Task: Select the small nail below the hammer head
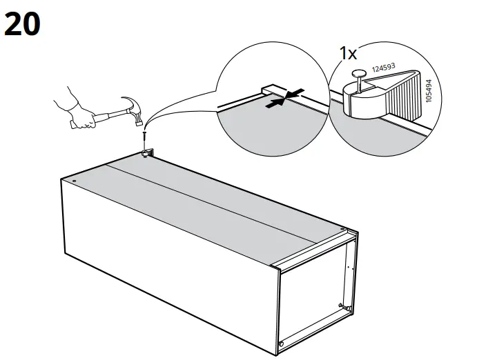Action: point(144,137)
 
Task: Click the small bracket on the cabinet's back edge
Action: point(146,152)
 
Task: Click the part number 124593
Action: point(384,69)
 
